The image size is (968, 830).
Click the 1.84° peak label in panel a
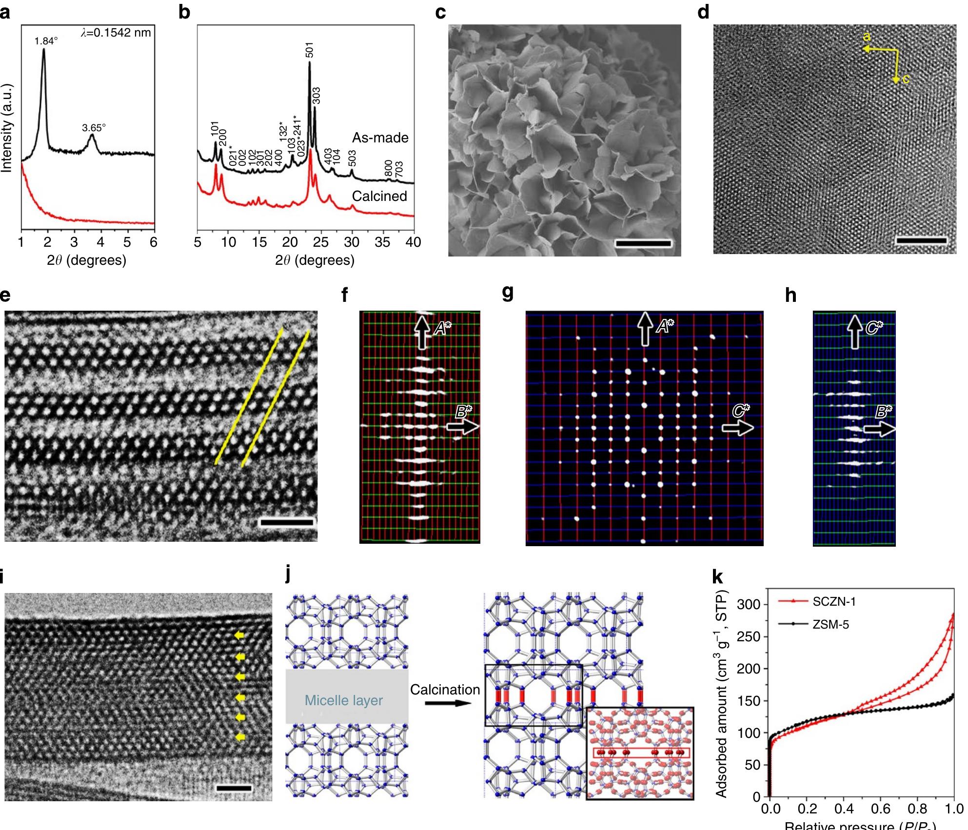point(46,41)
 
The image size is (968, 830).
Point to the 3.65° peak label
point(94,128)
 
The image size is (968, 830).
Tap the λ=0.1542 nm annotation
point(116,33)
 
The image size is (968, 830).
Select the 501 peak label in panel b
point(310,50)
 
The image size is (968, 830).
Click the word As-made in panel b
point(380,138)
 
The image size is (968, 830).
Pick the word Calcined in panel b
point(379,196)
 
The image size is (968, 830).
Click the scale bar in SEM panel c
point(643,243)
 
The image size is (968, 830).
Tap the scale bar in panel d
point(921,240)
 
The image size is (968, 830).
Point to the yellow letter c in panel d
point(906,79)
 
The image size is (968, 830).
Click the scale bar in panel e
point(287,523)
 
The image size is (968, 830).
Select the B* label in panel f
point(463,413)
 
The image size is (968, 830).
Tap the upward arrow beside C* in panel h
point(854,332)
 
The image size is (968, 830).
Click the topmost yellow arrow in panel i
point(239,635)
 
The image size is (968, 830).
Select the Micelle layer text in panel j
point(343,700)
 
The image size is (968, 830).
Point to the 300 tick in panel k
point(749,604)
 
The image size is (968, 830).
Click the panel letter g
point(508,293)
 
